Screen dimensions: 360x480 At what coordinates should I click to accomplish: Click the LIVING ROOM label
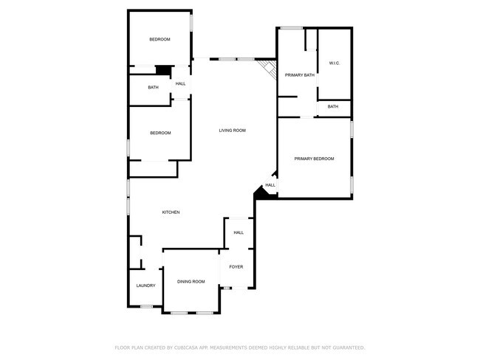point(232,131)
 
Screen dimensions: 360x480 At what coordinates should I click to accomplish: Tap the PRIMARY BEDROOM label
point(314,159)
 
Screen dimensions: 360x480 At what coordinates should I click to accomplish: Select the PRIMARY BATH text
point(300,75)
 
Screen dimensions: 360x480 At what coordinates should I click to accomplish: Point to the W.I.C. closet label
point(333,63)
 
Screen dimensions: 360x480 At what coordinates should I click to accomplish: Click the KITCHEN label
point(171,212)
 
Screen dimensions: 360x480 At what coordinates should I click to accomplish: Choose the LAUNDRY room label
point(145,285)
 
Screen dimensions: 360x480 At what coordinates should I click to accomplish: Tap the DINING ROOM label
point(191,281)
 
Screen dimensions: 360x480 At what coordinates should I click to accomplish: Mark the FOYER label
point(236,266)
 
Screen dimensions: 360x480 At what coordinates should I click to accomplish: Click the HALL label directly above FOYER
point(239,232)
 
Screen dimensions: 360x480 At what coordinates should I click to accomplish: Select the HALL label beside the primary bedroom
point(270,185)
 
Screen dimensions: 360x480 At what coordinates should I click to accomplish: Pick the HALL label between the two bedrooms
point(180,84)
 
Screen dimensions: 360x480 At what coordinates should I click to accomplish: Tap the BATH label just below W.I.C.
point(333,106)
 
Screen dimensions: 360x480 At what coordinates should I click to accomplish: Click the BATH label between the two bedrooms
point(153,88)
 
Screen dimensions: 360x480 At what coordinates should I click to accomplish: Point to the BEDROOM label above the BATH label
point(160,39)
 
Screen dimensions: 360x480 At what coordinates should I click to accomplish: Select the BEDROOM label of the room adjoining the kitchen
point(160,133)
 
